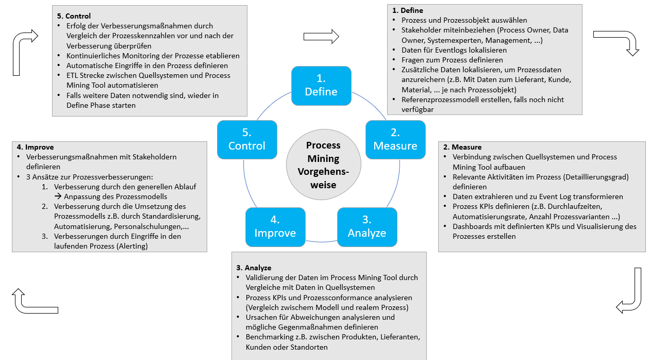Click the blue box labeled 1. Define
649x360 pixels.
tap(321, 85)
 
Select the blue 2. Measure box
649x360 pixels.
tap(395, 139)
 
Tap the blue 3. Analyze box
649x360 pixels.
tap(367, 226)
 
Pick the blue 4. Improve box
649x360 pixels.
tap(275, 226)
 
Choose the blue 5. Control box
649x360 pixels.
tap(247, 139)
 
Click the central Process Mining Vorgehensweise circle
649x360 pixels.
tap(321, 165)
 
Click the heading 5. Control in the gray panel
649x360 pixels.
tap(74, 16)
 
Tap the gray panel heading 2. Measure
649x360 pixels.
tap(462, 147)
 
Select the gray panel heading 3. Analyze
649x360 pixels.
tap(254, 268)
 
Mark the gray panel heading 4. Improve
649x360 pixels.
tap(35, 147)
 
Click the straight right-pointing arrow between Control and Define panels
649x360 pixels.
tap(321, 36)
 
